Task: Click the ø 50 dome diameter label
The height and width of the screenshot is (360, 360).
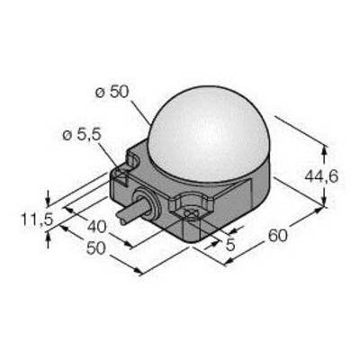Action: [x=112, y=92]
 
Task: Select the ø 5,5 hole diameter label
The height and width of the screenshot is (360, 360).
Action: [x=81, y=135]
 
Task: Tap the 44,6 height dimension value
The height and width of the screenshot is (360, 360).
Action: [x=321, y=176]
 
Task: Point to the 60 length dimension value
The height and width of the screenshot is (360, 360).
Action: [x=277, y=235]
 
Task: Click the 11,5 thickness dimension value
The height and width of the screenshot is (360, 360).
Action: [x=37, y=220]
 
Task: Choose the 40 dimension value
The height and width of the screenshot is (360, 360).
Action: [x=96, y=227]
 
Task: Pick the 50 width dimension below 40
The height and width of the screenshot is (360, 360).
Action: [x=96, y=248]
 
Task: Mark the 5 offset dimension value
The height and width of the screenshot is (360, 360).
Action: [x=230, y=245]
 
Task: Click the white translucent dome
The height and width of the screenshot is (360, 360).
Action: [x=209, y=134]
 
